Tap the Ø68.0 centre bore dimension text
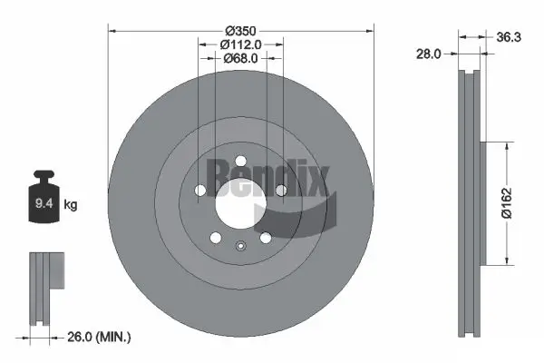coord(240,58)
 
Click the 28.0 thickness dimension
coord(429,54)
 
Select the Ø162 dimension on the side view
coord(510,202)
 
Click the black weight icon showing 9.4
coord(43,201)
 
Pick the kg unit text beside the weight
coord(71,205)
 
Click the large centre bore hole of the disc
coord(240,206)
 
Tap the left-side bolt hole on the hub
coord(200,191)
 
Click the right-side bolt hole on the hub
coord(281,191)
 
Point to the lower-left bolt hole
coord(216,238)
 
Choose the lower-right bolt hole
coord(265,238)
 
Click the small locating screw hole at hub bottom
coord(240,245)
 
